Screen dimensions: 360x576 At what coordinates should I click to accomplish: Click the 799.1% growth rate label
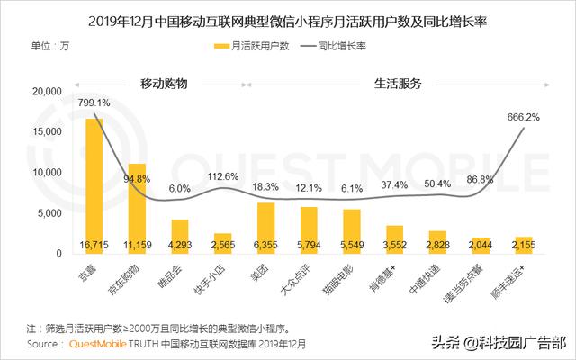94,103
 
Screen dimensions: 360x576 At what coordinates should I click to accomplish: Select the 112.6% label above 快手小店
223,176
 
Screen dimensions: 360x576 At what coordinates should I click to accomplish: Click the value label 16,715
94,245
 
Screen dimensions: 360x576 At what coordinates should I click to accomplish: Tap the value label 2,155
524,245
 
